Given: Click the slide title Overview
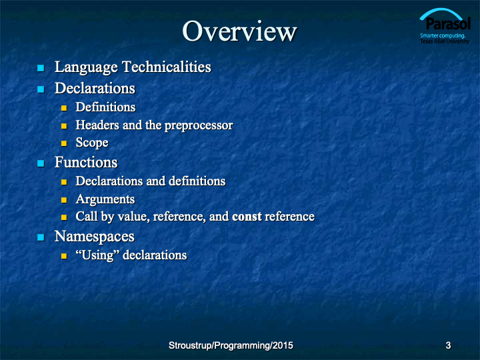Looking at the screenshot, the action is pos(239,31).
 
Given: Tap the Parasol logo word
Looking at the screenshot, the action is pos(448,24).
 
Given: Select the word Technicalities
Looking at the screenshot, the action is pos(167,67).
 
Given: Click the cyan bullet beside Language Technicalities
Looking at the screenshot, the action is pos(41,67).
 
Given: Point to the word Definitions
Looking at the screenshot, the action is pos(105,107).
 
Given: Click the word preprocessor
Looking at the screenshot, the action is pos(199,125).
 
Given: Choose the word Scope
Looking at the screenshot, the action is pos(92,143).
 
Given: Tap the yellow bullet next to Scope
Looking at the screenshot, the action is pos(64,143).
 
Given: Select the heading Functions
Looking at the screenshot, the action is pos(86,162).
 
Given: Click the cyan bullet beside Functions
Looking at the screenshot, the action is pos(41,163).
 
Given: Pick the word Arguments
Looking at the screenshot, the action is pos(105,199).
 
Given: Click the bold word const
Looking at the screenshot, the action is pos(247,217).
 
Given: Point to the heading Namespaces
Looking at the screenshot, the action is pos(95,237).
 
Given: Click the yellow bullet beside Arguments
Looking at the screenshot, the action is pos(64,200).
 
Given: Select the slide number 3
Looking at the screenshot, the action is pos(448,345).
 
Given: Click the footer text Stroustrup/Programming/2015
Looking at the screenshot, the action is pos(231,345).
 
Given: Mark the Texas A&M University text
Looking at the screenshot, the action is pos(445,41).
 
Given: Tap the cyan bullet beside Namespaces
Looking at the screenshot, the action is pos(41,237).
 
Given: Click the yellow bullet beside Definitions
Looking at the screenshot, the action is pos(64,108).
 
